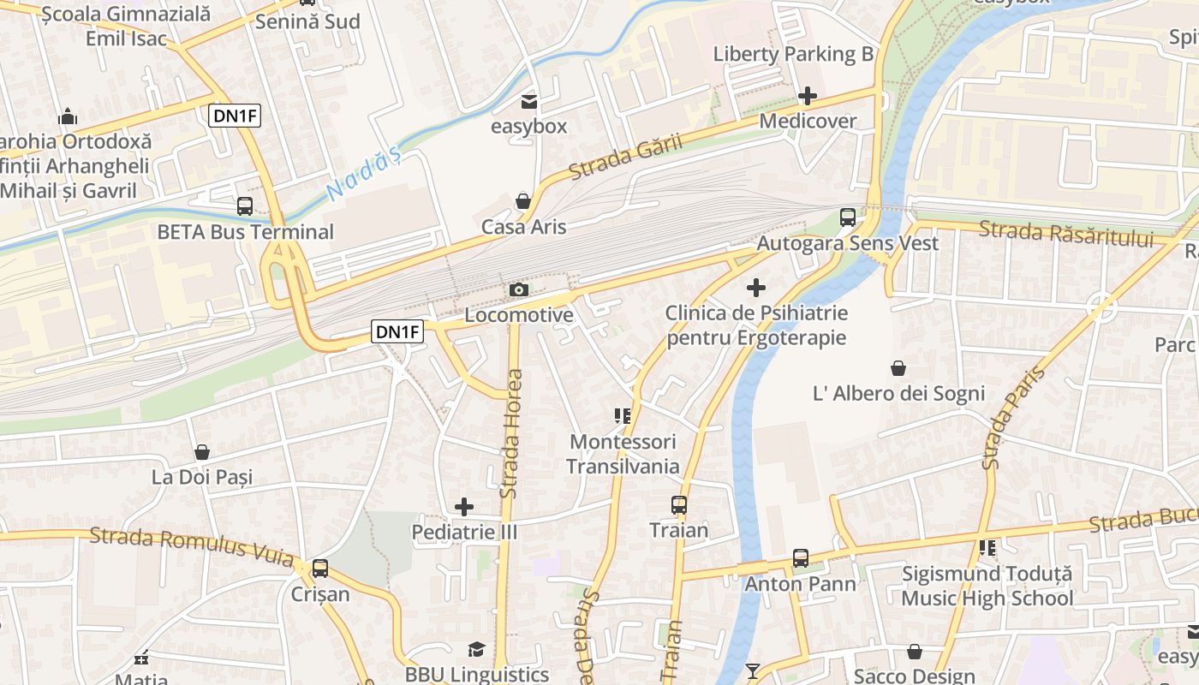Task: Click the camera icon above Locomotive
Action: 518,290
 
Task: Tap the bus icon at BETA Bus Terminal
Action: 245,206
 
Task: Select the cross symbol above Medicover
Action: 807,96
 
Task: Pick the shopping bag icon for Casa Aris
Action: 522,201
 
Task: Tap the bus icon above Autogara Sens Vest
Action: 848,217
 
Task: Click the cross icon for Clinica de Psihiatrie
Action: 756,288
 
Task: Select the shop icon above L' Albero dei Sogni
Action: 898,368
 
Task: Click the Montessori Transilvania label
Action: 623,455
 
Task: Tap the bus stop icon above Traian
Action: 679,505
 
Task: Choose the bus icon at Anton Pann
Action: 801,558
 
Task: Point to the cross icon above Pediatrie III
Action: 464,507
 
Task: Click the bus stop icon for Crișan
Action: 320,568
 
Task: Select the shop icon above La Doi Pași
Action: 202,451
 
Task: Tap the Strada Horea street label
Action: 511,433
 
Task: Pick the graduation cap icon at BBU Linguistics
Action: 476,650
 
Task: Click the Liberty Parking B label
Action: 793,55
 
